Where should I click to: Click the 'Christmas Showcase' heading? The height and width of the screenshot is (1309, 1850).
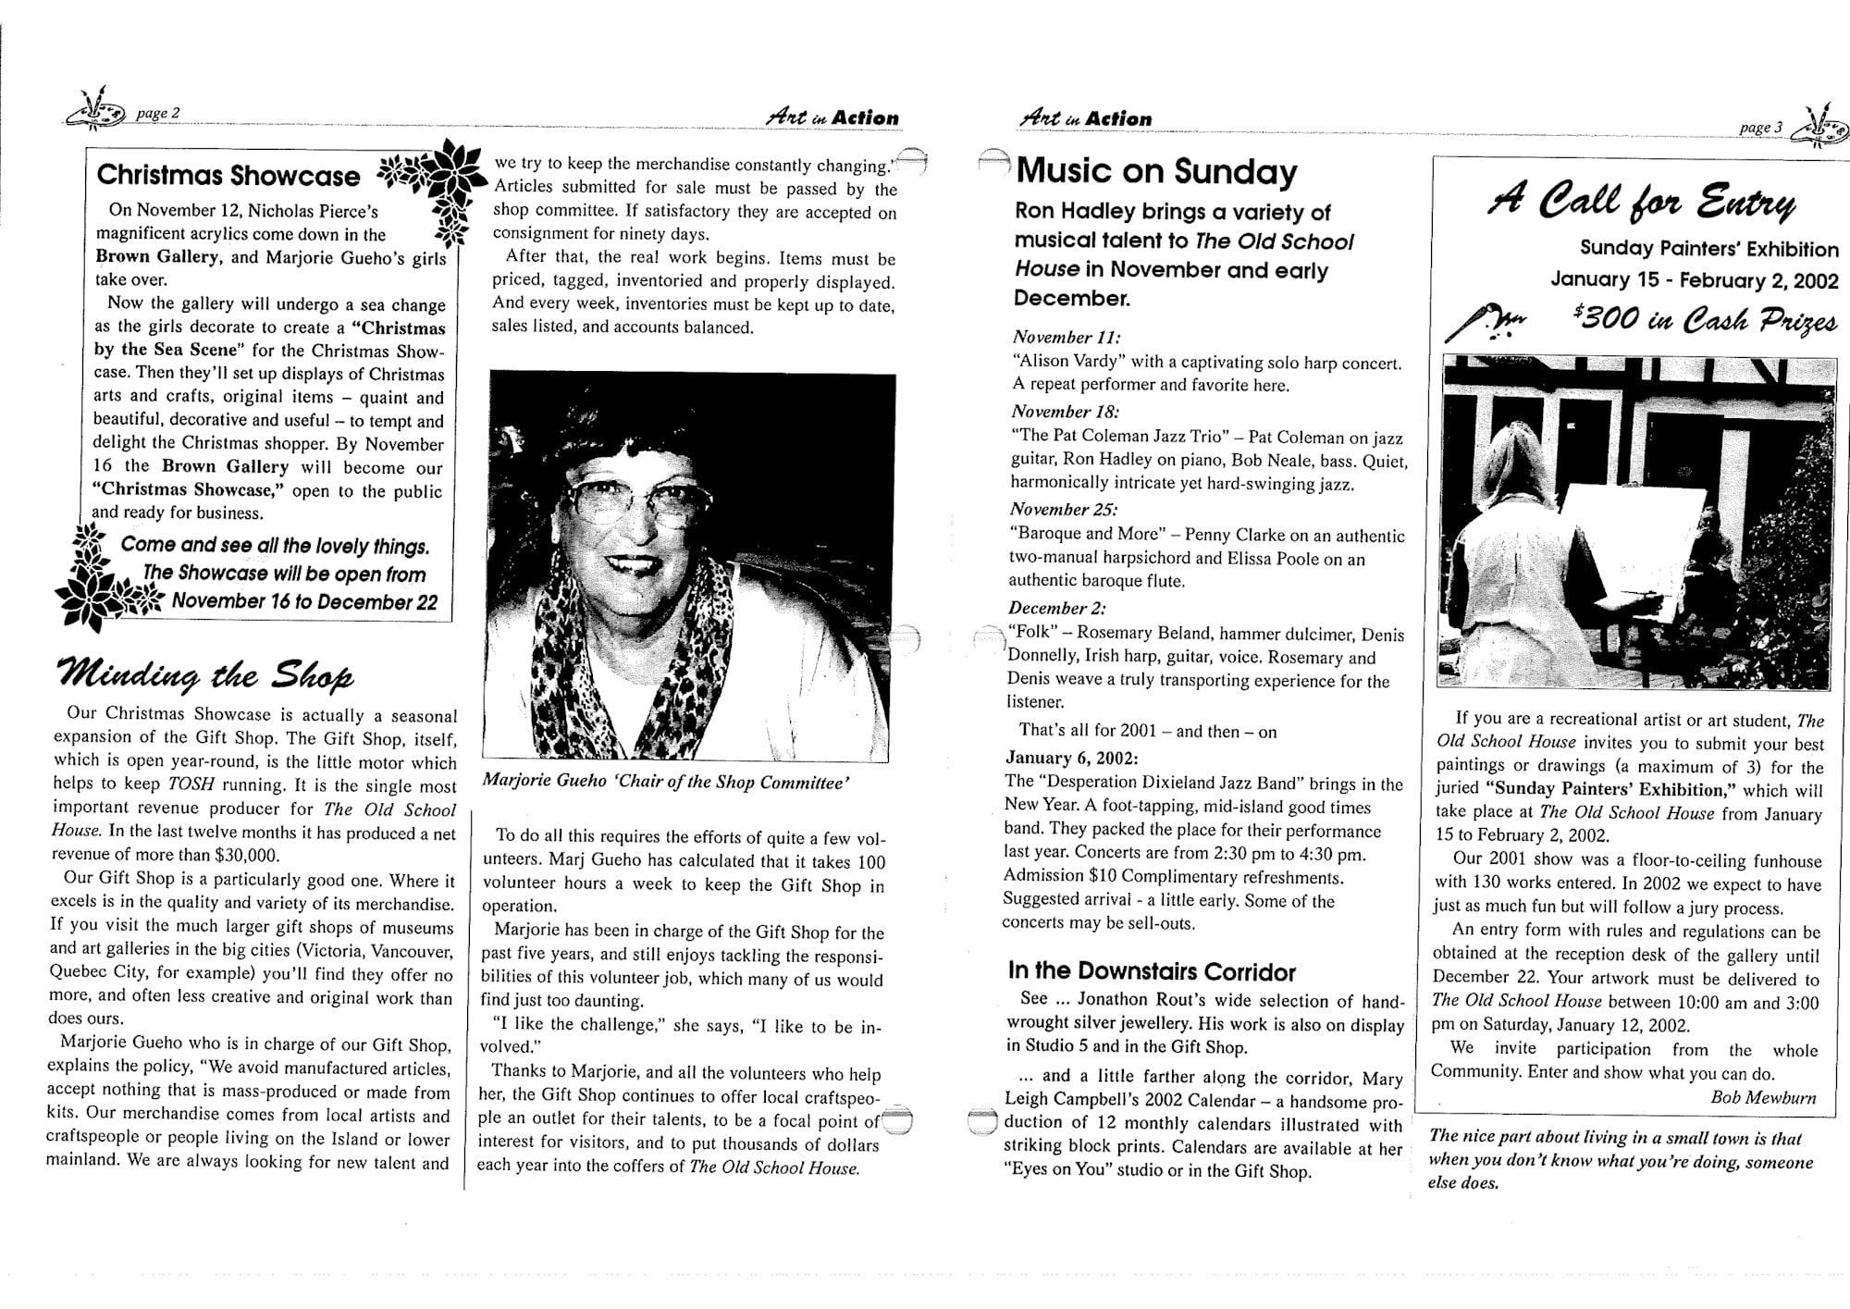(228, 176)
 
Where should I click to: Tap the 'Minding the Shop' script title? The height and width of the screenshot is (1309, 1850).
(205, 674)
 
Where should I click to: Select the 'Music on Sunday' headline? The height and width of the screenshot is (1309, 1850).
(1156, 172)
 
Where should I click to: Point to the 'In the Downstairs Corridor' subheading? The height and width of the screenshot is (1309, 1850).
(1152, 971)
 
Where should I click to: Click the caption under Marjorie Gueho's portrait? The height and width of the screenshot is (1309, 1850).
(665, 782)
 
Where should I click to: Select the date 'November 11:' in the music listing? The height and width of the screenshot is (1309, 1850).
(1067, 338)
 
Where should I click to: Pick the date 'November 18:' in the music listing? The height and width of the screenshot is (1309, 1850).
(1065, 412)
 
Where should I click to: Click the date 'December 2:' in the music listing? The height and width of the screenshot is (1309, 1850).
(1057, 608)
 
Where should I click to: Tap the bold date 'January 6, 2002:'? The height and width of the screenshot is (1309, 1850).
(1071, 758)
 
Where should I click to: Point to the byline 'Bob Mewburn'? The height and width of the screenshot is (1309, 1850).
(1763, 1097)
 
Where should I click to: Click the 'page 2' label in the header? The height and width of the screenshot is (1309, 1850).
(152, 114)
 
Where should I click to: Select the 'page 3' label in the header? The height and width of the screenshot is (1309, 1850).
(1760, 128)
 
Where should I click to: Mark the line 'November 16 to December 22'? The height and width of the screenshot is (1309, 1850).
(304, 602)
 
